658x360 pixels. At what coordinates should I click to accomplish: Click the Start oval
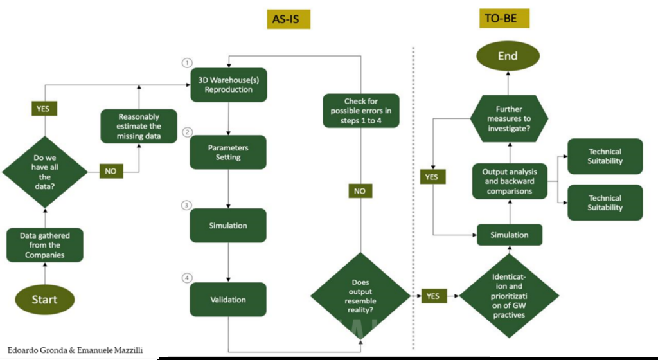[x=45, y=299]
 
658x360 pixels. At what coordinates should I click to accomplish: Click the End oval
[x=508, y=56]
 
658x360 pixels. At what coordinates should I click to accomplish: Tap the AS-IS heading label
[x=289, y=19]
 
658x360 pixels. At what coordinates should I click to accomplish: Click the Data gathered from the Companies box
[x=45, y=245]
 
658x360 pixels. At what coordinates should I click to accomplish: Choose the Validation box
[x=228, y=299]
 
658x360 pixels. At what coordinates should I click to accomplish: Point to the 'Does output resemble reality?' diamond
[x=360, y=296]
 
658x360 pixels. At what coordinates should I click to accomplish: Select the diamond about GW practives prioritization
[x=508, y=296]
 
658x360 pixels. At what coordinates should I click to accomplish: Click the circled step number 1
[x=187, y=63]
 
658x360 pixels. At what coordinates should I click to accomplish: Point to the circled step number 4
[x=187, y=278]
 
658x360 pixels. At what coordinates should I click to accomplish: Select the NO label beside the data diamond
[x=111, y=172]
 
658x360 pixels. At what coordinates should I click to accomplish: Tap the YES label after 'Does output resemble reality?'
[x=432, y=296]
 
